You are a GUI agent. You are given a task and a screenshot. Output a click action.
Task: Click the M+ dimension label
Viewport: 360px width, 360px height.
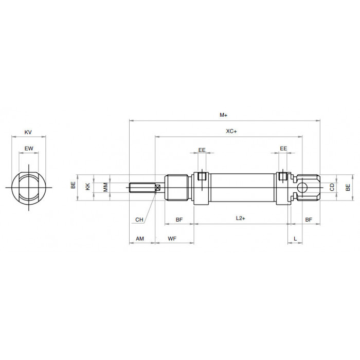click(223, 115)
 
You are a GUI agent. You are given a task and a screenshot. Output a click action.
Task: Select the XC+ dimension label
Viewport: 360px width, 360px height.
click(231, 131)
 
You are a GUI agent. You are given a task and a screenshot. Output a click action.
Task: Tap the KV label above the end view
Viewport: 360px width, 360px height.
click(28, 132)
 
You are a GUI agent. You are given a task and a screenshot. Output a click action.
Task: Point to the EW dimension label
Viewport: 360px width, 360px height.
click(29, 149)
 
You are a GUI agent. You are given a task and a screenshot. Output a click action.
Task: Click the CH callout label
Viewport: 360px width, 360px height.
click(139, 220)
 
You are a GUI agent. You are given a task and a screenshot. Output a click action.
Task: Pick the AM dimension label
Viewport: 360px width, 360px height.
click(140, 239)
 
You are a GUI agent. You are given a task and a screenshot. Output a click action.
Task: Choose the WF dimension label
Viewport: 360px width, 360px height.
click(172, 239)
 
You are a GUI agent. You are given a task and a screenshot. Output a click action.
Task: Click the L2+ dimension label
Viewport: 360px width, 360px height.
click(240, 218)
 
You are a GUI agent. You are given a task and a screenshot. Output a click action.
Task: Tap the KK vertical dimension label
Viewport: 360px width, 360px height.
click(88, 186)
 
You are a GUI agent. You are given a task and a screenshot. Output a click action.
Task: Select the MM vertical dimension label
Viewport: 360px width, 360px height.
click(105, 187)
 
